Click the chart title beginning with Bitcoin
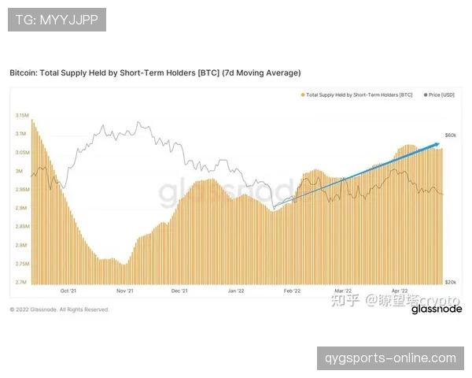tap(155, 72)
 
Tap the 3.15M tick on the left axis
tap(21, 115)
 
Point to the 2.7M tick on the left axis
tap(22, 282)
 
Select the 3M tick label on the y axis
tap(20, 171)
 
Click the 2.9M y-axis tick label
tap(22, 208)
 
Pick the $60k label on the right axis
tap(451, 135)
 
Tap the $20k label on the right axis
tap(451, 282)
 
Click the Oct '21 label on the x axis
tap(68, 291)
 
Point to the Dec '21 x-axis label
tap(179, 291)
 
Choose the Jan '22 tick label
tap(236, 291)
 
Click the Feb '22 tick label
tap(292, 291)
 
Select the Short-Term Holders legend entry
tap(357, 94)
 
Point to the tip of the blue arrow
tap(439, 143)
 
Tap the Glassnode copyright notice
tap(59, 309)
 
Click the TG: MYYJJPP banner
tap(57, 20)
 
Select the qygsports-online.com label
tap(390, 358)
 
